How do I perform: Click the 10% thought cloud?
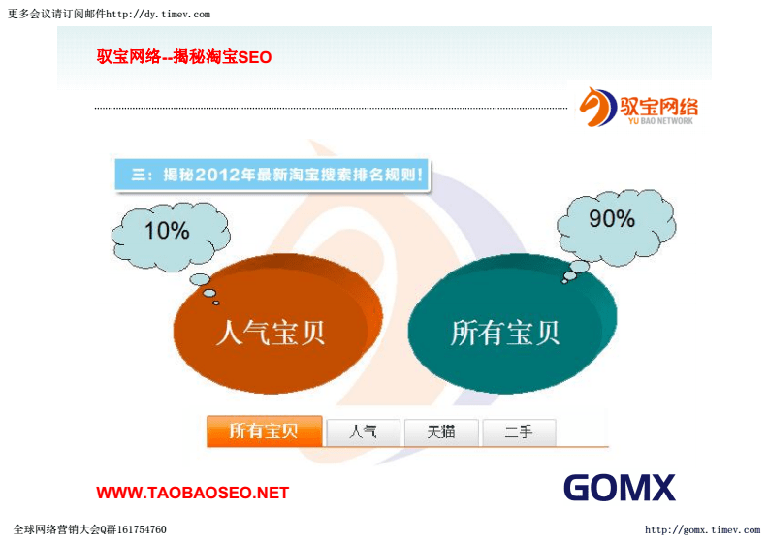167,231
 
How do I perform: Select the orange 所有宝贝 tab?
264,431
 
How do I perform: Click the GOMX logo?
619,487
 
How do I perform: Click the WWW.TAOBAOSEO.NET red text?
192,493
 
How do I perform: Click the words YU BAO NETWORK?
661,122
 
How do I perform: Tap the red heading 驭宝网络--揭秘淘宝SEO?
184,57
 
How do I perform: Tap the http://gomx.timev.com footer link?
702,530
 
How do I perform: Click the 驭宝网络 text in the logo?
659,105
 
